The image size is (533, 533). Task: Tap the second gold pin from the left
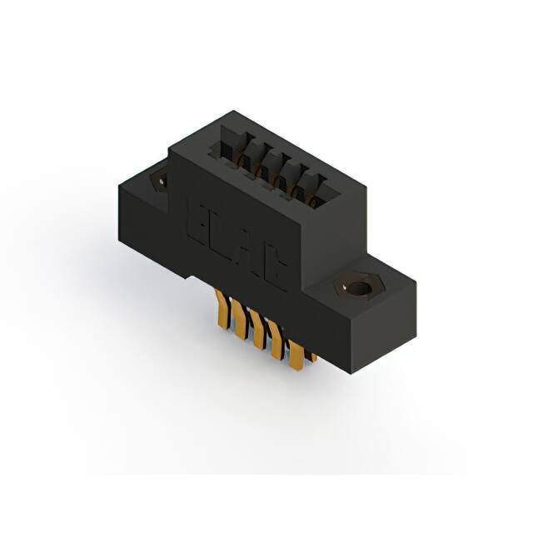tap(242, 320)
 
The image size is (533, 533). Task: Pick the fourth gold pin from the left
tap(277, 343)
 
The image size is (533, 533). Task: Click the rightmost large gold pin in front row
tap(295, 355)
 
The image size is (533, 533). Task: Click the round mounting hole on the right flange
tap(360, 289)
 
